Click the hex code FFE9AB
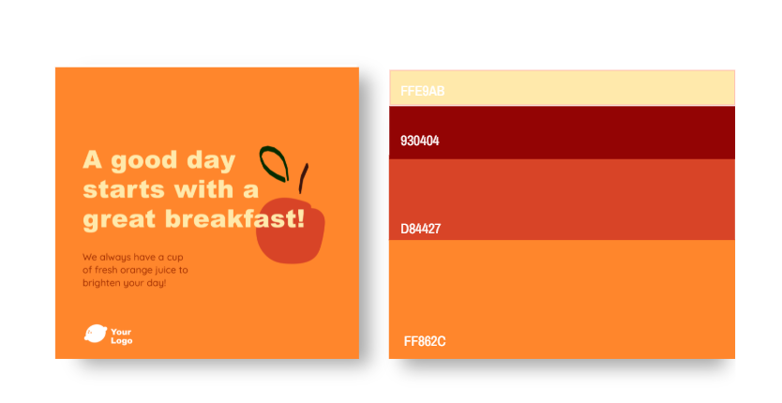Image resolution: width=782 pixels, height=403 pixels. tap(423, 91)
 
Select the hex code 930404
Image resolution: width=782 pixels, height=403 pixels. tap(420, 141)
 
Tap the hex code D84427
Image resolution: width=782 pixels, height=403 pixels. tap(420, 229)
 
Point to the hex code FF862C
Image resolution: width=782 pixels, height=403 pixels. tap(425, 342)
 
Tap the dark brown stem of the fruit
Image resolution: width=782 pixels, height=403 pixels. tap(303, 178)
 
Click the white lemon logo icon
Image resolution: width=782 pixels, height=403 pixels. tap(96, 334)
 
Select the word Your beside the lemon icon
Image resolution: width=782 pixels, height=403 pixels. tap(121, 332)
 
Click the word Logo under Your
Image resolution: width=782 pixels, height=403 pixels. tap(122, 340)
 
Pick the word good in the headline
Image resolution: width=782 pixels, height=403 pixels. tap(144, 161)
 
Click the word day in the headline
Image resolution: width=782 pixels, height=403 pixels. tap(210, 161)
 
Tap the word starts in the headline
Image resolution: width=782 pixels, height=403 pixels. tap(124, 189)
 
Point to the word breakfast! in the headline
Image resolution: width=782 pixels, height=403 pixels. tap(235, 218)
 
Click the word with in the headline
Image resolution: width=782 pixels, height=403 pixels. tap(204, 189)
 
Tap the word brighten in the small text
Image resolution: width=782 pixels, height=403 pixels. tap(99, 283)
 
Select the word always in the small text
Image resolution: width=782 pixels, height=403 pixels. tap(113, 258)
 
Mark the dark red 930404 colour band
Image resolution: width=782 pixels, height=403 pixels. tap(562, 133)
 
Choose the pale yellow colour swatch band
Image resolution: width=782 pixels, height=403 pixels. tap(562, 88)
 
